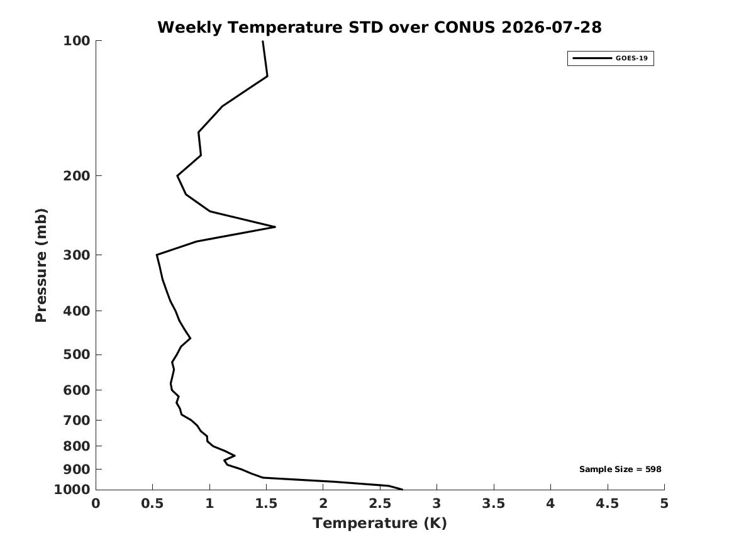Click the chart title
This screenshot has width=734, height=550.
379,27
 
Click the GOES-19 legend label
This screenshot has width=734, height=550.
631,58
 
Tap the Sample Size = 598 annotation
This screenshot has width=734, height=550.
620,469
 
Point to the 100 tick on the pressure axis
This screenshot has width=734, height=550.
76,41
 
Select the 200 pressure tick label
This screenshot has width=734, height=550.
76,175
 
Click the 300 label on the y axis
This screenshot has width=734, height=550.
76,255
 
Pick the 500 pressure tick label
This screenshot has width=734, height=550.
76,355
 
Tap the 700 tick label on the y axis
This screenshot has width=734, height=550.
76,420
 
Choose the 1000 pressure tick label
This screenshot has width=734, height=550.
72,490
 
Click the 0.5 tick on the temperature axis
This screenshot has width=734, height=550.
153,503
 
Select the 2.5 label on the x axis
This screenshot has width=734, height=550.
380,503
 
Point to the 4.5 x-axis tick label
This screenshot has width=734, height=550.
608,503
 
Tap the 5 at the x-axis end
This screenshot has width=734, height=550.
664,503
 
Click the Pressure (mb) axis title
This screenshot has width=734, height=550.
41,265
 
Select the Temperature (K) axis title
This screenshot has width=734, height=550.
380,523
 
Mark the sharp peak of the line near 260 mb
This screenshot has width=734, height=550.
275,227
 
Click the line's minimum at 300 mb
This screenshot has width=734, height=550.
157,255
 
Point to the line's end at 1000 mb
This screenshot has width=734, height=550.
402,490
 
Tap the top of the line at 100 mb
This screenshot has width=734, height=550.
263,41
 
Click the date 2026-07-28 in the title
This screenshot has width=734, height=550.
552,27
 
